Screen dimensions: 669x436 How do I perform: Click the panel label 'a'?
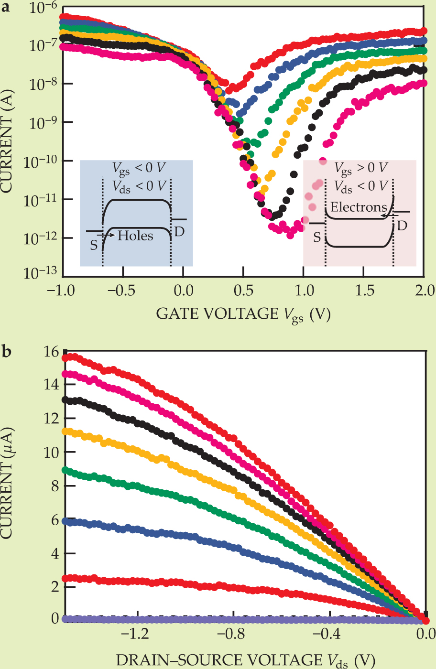coord(6,9)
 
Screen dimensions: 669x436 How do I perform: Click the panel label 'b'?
coord(7,353)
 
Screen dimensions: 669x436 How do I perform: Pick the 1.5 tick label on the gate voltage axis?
coord(363,291)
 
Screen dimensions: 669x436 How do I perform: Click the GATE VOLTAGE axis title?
coord(243,314)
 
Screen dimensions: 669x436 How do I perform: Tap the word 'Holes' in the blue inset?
coord(135,236)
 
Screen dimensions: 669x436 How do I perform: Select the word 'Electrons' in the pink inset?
coord(359,207)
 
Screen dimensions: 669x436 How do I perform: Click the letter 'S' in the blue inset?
coord(94,245)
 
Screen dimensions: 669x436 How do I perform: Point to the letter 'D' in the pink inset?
coord(403,226)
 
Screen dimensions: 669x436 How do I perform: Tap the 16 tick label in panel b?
coord(50,352)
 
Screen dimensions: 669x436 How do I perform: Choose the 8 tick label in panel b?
coord(54,486)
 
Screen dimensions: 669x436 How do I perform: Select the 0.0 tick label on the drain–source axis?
coord(425,635)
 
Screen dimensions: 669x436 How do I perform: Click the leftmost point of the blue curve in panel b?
coord(65,521)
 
